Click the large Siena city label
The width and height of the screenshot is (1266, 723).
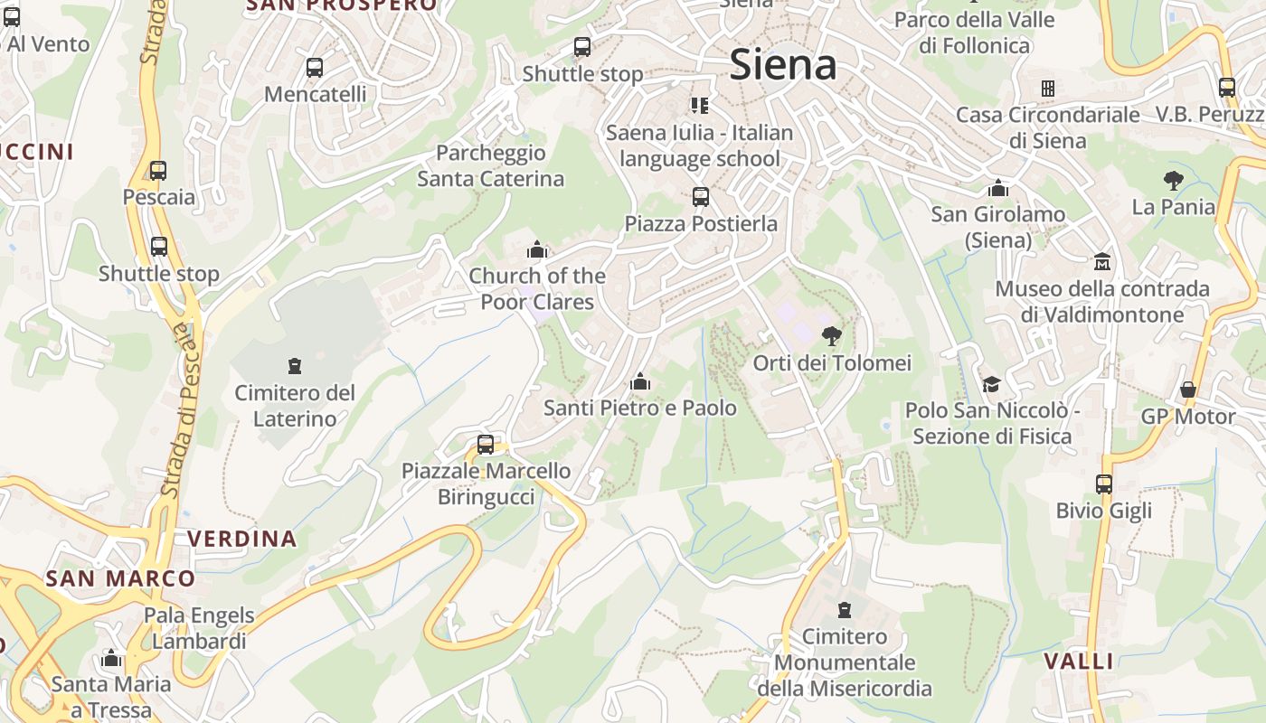point(782,65)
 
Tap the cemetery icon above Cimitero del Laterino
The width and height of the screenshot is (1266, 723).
point(294,366)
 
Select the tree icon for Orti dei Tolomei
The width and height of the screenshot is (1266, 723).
point(831,337)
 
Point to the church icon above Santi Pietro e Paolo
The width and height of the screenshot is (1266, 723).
point(640,382)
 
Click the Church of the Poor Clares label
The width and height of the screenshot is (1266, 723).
point(537,288)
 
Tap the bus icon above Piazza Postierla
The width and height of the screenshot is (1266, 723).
point(700,197)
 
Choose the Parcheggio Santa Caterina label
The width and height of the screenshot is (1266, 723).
point(490,165)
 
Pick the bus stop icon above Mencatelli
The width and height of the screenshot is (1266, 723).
point(315,68)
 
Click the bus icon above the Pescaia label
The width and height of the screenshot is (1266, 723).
point(158,171)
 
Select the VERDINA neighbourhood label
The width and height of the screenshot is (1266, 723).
point(241,539)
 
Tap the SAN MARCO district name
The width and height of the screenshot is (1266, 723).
point(120,578)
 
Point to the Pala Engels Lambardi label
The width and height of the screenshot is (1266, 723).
point(199,628)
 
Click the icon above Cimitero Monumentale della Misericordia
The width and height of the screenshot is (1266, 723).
point(845,610)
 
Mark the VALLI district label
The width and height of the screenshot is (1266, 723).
point(1079,661)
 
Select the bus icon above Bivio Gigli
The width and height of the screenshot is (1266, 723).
point(1104,484)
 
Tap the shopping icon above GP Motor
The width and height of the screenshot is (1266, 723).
point(1188,390)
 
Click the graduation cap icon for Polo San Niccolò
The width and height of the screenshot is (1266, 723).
point(991,384)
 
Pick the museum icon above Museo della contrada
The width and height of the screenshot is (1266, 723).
point(1101,262)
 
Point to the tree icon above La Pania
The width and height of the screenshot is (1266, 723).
point(1174,180)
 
